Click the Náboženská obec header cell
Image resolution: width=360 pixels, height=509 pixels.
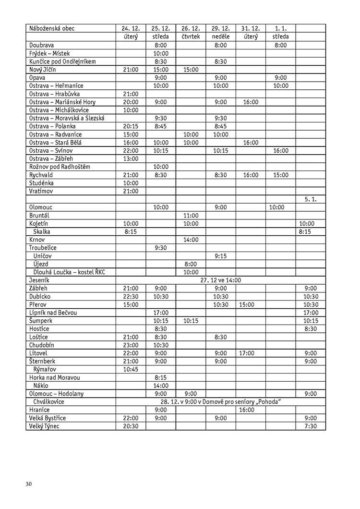(x=52, y=28)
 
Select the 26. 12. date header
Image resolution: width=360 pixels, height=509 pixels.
(x=191, y=28)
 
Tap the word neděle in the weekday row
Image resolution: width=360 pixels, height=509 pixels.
(x=221, y=36)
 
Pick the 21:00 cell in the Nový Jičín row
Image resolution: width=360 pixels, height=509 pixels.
(x=131, y=69)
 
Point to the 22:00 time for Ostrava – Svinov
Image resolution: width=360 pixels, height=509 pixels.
(x=131, y=150)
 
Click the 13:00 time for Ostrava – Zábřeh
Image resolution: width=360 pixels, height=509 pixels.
(x=131, y=158)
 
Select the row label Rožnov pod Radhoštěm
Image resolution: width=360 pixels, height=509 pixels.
(x=60, y=167)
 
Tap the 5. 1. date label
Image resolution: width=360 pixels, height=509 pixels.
(x=311, y=199)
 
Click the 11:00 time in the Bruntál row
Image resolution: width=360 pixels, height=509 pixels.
(x=191, y=215)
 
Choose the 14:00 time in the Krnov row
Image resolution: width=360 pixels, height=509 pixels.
(x=191, y=240)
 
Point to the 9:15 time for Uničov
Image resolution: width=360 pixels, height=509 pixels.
(x=221, y=256)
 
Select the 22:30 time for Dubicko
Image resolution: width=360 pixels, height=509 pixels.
(x=131, y=296)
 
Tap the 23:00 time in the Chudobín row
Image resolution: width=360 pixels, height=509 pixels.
(x=131, y=345)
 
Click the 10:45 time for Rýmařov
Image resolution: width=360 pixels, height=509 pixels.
(x=131, y=369)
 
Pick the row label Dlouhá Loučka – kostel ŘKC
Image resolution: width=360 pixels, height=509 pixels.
(x=69, y=272)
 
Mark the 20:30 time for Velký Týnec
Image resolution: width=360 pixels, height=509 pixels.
(x=131, y=426)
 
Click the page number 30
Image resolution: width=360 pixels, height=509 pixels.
(x=29, y=483)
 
